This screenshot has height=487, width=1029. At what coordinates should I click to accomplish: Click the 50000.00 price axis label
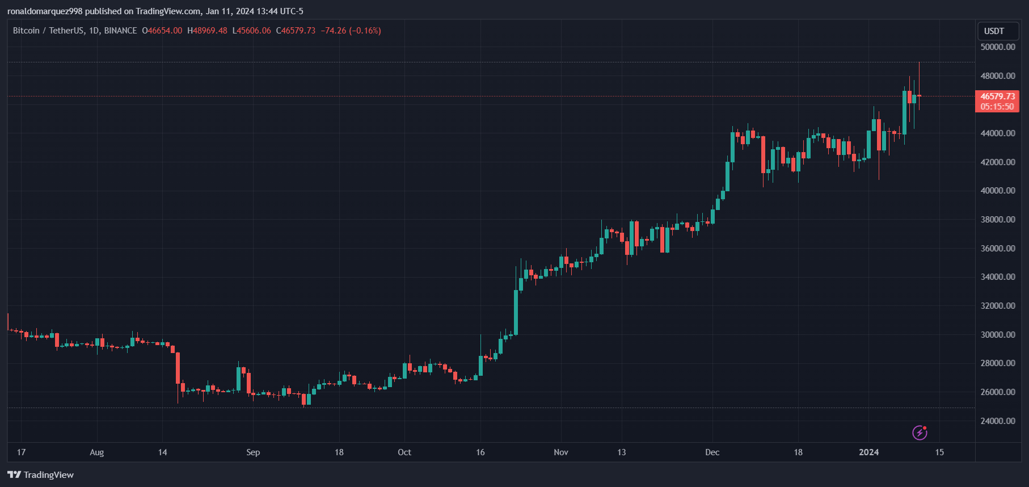(997, 47)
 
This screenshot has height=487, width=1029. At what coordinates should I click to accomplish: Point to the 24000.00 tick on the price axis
(997, 421)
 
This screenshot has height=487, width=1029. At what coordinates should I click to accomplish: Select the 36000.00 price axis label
(997, 248)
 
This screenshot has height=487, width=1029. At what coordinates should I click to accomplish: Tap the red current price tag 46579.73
(997, 96)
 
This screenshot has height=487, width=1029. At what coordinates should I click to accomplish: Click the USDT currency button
(994, 31)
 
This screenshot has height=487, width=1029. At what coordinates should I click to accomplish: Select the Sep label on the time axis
(253, 452)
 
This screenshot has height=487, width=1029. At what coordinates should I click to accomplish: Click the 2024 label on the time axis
(868, 452)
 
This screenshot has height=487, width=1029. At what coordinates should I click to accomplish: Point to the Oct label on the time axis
(404, 452)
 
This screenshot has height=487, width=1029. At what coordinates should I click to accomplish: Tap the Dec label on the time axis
(712, 452)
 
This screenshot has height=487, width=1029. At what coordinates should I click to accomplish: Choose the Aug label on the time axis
(97, 452)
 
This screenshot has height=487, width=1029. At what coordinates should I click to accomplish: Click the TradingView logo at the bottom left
(41, 475)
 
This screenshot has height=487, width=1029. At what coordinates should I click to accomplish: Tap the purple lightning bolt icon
(920, 433)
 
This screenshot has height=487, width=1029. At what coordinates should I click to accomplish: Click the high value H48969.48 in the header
(207, 31)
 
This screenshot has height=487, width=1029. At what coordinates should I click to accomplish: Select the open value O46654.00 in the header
(162, 31)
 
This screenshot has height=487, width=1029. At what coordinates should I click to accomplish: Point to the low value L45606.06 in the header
(251, 31)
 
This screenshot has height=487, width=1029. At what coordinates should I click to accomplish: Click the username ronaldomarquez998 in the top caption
(45, 11)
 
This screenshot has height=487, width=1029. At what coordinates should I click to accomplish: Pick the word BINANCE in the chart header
(120, 31)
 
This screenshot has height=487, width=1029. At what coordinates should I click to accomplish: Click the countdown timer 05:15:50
(997, 107)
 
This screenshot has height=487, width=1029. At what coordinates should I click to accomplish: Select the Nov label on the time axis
(560, 452)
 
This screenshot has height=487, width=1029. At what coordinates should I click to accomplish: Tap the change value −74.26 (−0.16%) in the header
(351, 31)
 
